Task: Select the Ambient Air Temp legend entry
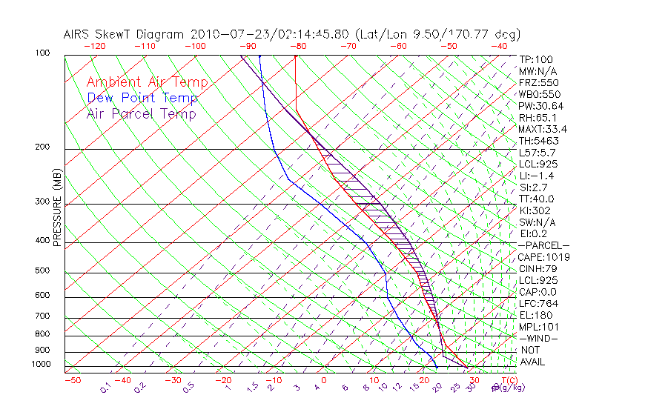[x=147, y=82]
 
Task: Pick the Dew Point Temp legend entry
[x=142, y=98]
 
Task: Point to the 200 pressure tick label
[x=43, y=147]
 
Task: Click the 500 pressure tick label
[x=43, y=270]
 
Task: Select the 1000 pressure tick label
[x=41, y=364]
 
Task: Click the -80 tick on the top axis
[x=297, y=46]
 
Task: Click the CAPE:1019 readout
[x=543, y=257]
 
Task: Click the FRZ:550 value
[x=537, y=83]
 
